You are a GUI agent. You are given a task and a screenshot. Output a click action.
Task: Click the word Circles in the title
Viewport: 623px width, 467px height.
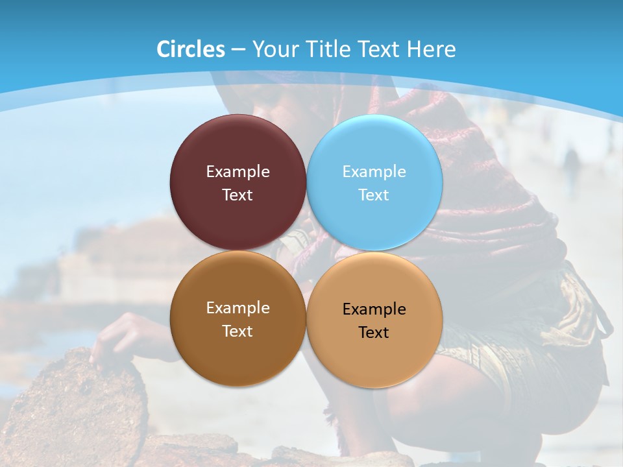tap(191, 49)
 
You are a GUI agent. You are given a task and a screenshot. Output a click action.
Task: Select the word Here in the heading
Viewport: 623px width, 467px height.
tap(432, 49)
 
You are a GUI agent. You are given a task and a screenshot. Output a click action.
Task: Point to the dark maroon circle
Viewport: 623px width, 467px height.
tap(238, 146)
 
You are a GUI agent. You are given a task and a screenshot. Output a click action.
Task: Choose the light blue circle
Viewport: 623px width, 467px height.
tap(374, 146)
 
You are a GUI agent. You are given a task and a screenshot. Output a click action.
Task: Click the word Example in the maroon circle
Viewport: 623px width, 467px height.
tap(238, 172)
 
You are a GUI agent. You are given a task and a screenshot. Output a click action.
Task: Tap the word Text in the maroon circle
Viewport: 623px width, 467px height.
tap(238, 195)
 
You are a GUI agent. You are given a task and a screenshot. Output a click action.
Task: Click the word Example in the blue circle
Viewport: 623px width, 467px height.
tap(374, 172)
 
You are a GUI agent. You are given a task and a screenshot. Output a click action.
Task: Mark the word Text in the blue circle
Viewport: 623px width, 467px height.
tap(374, 195)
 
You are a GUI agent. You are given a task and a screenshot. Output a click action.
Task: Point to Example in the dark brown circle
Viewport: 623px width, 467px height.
tap(238, 308)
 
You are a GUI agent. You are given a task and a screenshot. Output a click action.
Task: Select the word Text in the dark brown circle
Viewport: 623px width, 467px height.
tap(238, 331)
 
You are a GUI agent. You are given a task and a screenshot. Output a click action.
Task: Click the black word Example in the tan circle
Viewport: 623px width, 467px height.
tap(374, 309)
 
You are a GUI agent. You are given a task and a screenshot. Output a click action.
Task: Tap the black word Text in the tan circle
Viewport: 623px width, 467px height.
tap(374, 333)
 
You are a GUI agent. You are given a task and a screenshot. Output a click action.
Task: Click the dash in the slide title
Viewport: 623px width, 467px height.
tap(238, 50)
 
